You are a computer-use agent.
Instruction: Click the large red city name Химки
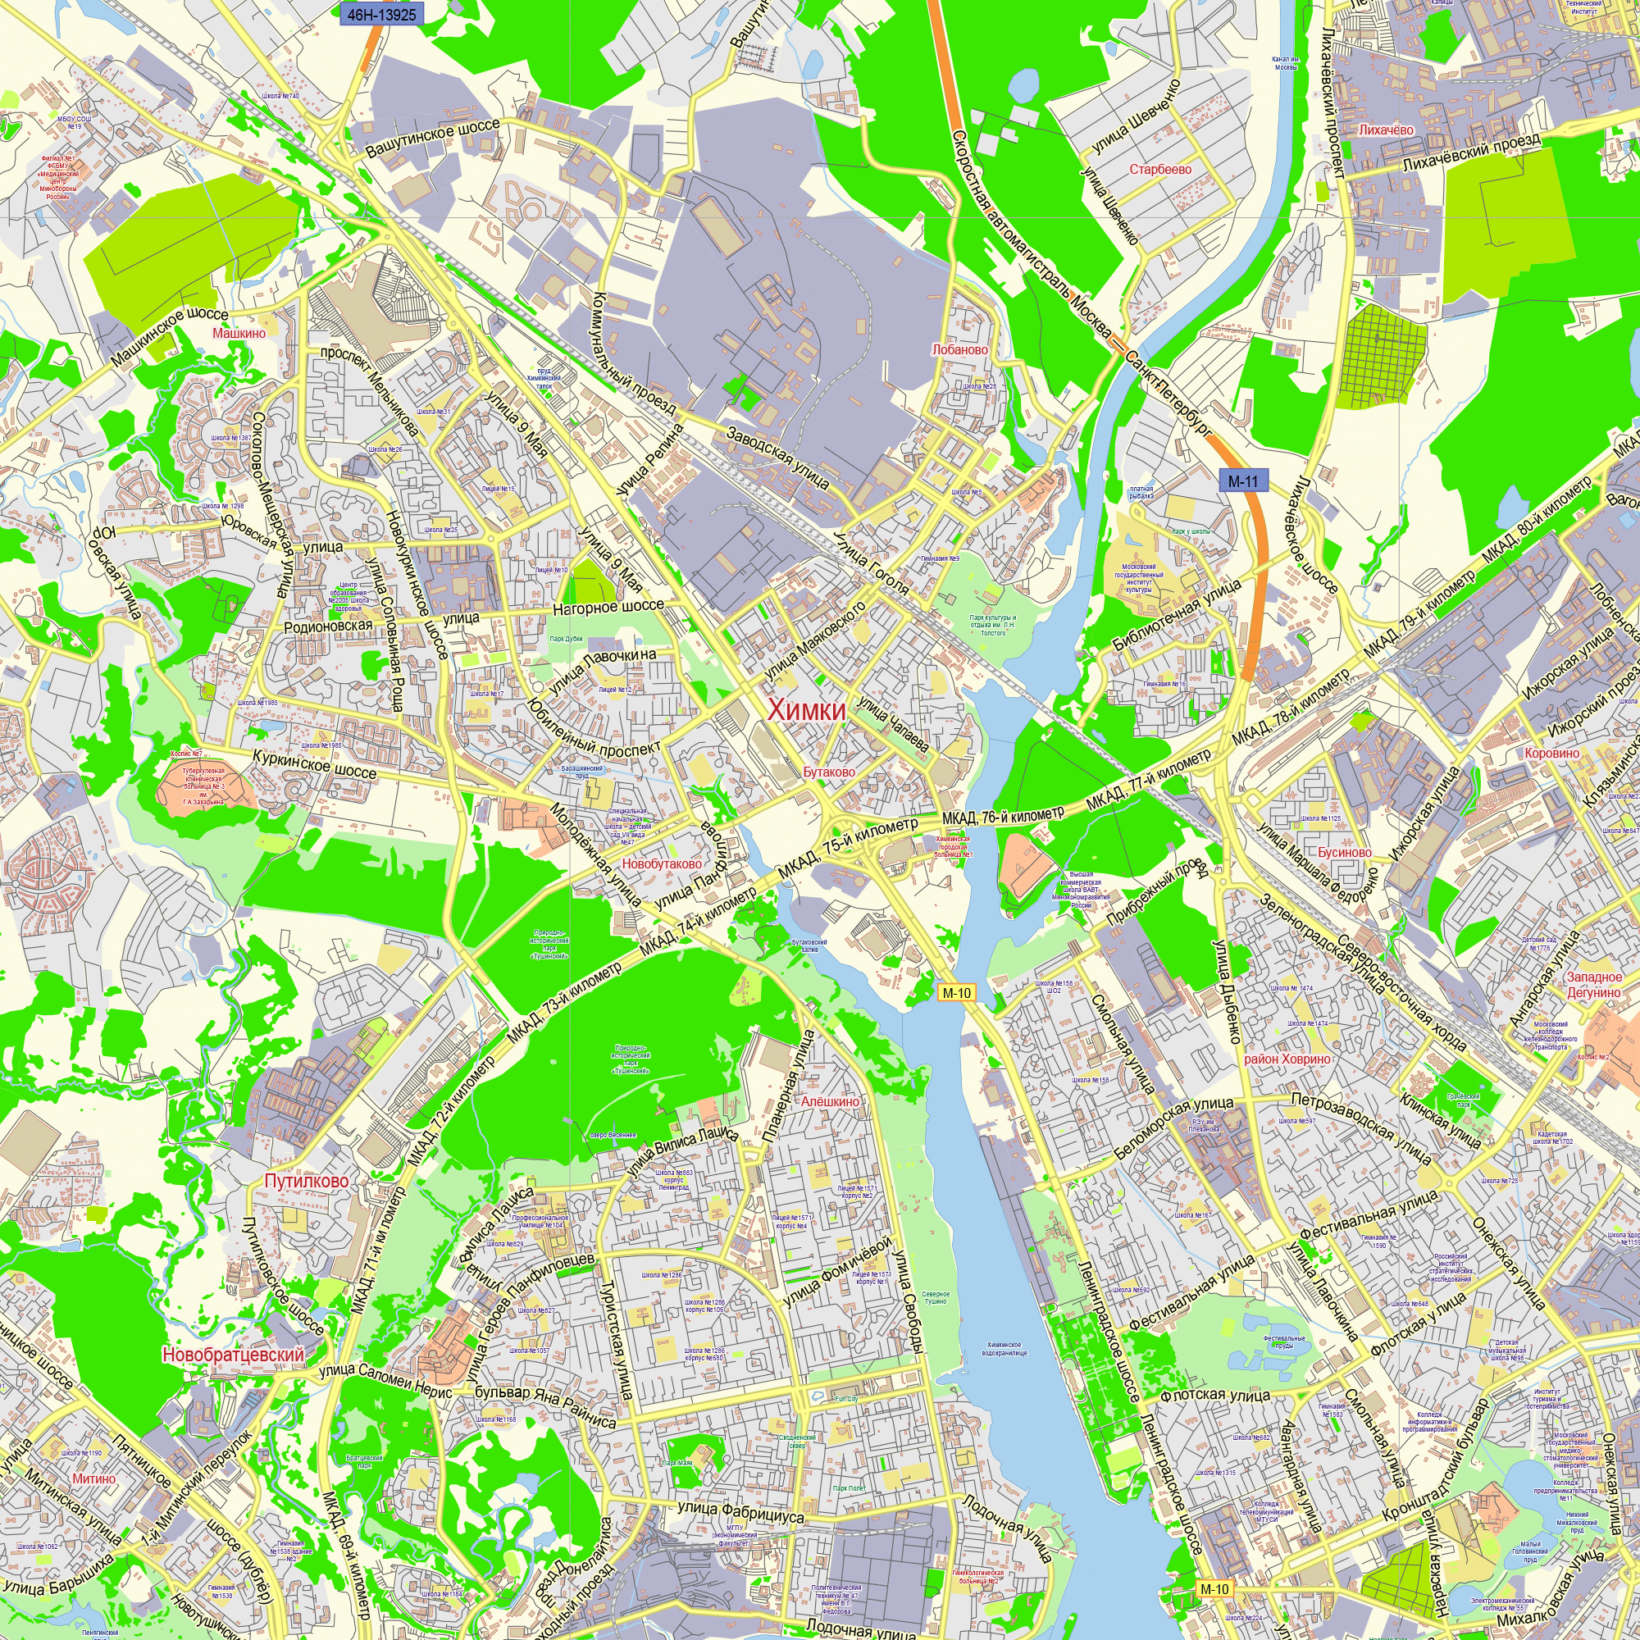pos(805,709)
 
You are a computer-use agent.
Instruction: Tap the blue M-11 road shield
pos(1243,481)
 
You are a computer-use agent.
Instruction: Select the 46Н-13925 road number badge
pos(382,14)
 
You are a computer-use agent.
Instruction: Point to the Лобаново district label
pos(960,348)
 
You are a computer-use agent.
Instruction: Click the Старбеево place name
pos(1159,169)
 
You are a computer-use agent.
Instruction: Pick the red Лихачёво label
pos(1386,130)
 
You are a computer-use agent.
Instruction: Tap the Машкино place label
pos(239,333)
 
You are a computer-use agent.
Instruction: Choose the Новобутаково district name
pos(662,863)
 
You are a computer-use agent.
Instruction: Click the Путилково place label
pos(307,1181)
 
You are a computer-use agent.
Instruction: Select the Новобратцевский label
pos(233,1354)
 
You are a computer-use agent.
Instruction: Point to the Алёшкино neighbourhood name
pos(830,1101)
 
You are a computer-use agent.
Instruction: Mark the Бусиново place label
pos(1345,851)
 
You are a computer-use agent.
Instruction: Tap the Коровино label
pos(1551,753)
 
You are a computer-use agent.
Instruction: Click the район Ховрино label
pos(1287,1059)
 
